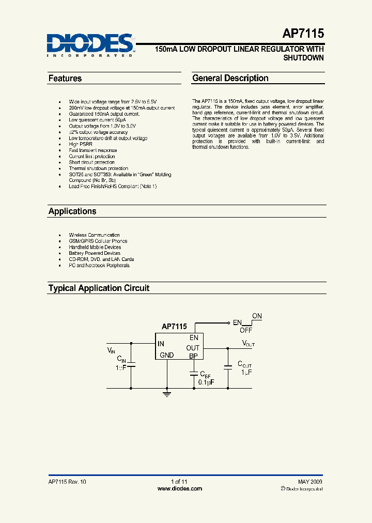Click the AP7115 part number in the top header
[x=303, y=34]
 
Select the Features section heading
[x=65, y=79]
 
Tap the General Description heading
[x=230, y=79]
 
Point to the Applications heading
[x=72, y=211]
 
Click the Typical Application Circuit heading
[x=99, y=288]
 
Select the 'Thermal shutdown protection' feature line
[x=99, y=168]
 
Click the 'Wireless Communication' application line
[x=94, y=235]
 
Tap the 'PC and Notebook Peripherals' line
[x=99, y=265]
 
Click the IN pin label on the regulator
[x=161, y=344]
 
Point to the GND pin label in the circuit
[x=166, y=355]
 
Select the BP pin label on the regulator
[x=193, y=356]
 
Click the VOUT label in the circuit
[x=248, y=343]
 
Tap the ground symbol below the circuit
[x=166, y=394]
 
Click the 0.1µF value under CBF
[x=206, y=382]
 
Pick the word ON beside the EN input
[x=257, y=316]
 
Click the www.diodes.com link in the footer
[x=179, y=488]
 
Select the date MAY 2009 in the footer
[x=310, y=481]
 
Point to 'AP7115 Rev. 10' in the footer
[x=67, y=481]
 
